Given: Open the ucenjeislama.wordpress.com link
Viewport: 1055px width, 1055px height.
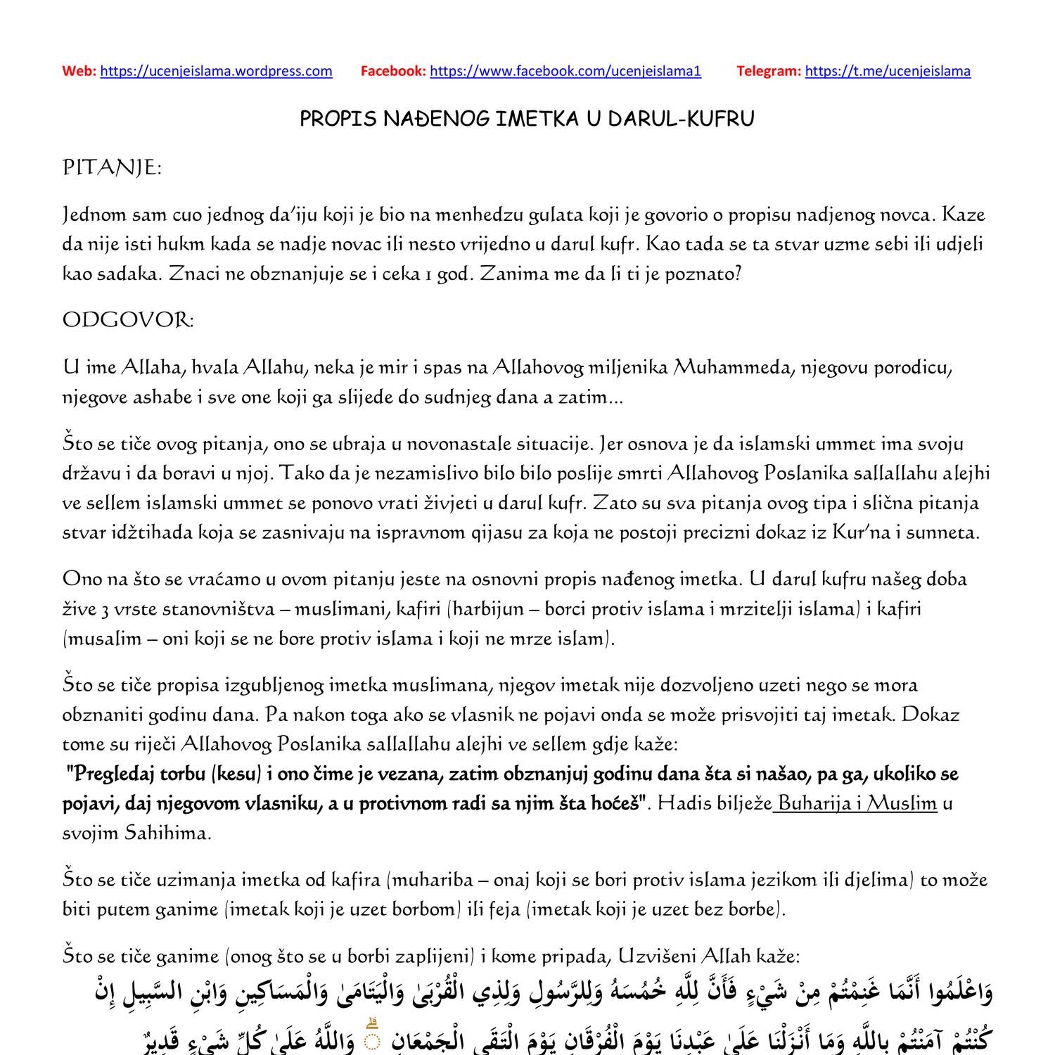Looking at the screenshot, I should (216, 71).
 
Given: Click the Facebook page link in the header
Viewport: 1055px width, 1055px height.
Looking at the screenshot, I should (565, 71).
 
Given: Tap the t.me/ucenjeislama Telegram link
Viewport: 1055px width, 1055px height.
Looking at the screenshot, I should (887, 71).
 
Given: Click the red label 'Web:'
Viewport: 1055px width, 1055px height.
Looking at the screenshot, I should (79, 71).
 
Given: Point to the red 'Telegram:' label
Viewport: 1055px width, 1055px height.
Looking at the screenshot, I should (768, 71).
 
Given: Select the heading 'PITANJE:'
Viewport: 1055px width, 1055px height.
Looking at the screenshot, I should (112, 168).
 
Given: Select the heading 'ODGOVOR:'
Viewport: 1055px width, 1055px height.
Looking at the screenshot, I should (128, 320).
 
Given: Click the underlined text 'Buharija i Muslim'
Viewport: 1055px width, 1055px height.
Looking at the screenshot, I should (857, 803).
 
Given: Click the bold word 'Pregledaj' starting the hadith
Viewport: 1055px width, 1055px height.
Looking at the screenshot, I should (113, 774).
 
